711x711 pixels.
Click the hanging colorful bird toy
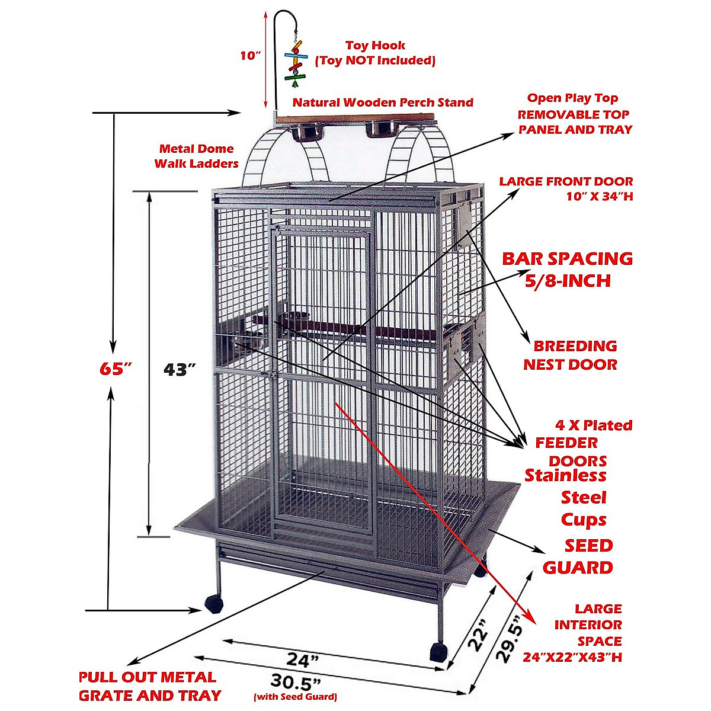click(296, 60)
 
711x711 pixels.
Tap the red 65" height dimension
click(114, 369)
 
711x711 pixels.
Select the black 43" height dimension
click(180, 369)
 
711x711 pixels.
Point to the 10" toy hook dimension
click(251, 56)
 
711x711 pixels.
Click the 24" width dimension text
click(303, 659)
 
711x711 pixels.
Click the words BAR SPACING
click(567, 259)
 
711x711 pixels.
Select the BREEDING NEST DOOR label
click(571, 355)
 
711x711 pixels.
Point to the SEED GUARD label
click(578, 556)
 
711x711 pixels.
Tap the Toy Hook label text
click(375, 46)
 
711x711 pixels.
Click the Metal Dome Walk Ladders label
click(196, 156)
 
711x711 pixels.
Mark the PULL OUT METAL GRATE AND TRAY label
click(149, 686)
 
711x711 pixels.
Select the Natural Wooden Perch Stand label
click(383, 103)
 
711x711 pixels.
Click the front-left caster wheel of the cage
click(213, 604)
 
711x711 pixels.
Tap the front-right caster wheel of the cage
click(437, 652)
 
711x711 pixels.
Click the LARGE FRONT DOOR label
click(566, 188)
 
